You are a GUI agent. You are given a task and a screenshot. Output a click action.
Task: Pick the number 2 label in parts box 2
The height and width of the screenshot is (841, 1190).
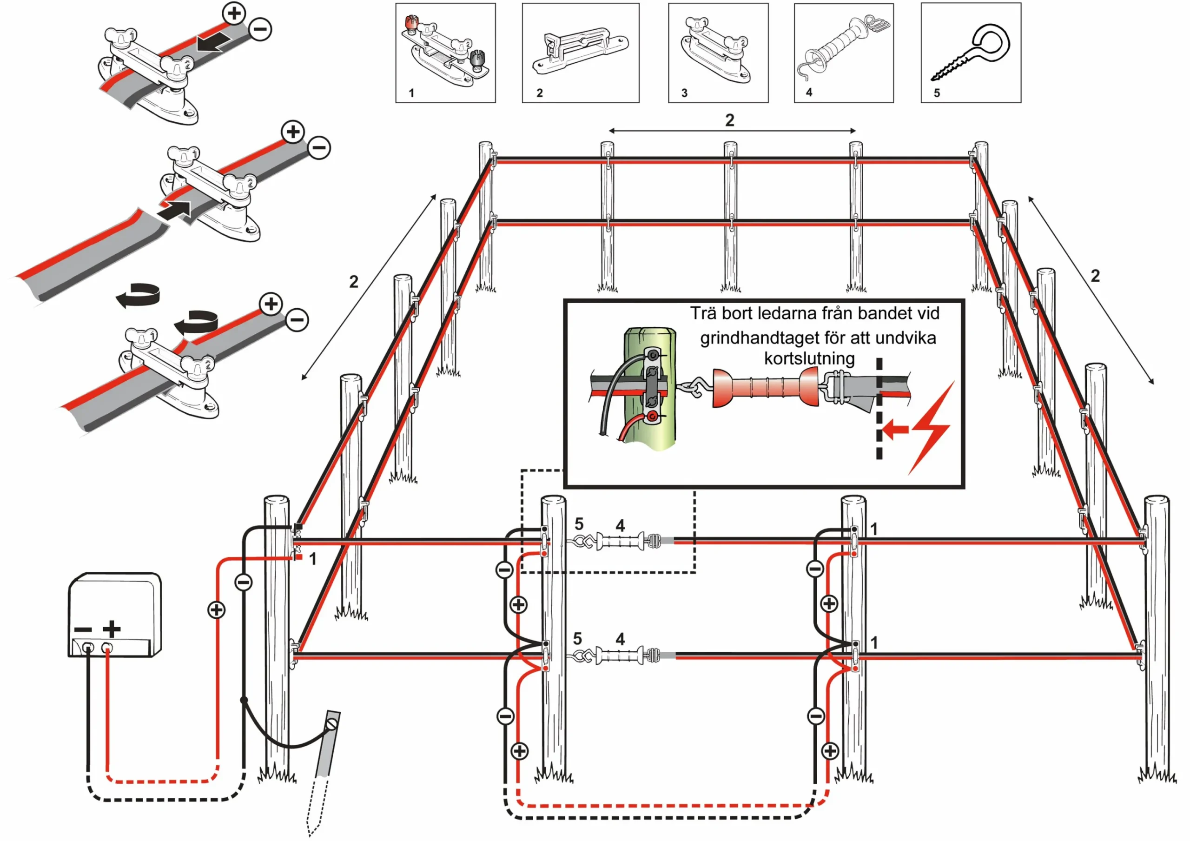(x=540, y=93)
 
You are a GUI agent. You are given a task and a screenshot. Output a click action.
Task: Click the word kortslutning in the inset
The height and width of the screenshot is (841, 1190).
(x=810, y=359)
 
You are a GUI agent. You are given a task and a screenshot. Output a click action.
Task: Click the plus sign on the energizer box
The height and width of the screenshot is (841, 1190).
(x=112, y=629)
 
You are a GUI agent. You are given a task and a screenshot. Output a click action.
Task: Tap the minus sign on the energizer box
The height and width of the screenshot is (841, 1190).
(x=83, y=629)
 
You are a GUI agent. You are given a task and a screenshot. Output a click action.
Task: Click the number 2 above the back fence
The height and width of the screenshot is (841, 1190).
(x=730, y=120)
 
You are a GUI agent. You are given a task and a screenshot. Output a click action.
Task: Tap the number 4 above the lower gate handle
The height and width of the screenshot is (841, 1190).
(x=620, y=639)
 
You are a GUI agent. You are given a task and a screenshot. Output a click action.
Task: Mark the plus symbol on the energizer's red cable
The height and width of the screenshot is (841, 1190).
(x=216, y=610)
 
